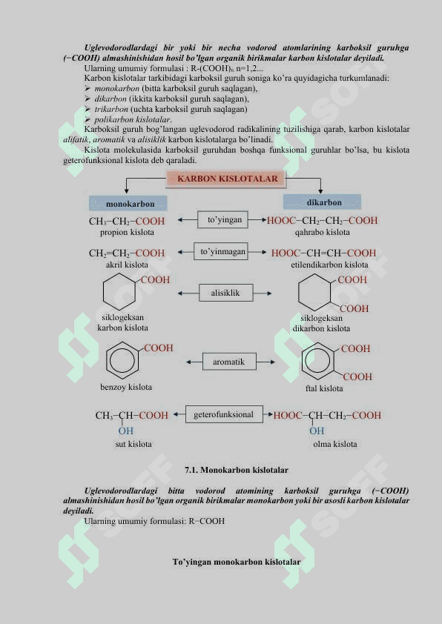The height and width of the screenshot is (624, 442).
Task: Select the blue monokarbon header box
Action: point(128,203)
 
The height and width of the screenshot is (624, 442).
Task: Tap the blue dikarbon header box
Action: point(322,202)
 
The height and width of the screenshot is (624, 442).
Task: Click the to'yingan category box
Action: point(222,219)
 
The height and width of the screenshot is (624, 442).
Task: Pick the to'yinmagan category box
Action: point(221,251)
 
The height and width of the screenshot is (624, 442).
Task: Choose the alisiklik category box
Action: point(225,293)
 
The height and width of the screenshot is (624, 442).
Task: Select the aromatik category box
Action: point(229,362)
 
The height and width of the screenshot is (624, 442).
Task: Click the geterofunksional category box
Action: point(224,414)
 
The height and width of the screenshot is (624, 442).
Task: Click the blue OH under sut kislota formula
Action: point(125,431)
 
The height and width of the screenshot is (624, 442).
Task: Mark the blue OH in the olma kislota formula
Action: point(317,431)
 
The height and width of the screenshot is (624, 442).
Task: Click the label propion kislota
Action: point(127,232)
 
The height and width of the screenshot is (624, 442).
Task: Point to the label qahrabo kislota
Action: point(322,232)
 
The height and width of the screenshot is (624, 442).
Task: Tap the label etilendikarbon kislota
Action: point(329,265)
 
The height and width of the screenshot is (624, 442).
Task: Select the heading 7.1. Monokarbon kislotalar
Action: point(237,470)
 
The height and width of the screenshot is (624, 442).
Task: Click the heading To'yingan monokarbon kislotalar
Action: point(237,562)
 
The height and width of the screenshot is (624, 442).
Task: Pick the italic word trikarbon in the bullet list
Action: point(111,109)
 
